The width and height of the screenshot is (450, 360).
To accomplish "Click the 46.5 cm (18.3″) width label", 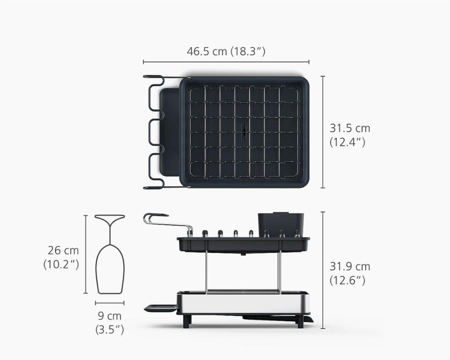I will pyautogui.click(x=226, y=51).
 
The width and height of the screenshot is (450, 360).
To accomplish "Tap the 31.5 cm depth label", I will pyautogui.click(x=350, y=128).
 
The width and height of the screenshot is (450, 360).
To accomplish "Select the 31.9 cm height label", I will pyautogui.click(x=350, y=267).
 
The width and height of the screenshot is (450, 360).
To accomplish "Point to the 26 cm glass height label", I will pyautogui.click(x=63, y=250).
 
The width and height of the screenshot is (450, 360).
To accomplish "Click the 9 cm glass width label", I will pyautogui.click(x=109, y=316).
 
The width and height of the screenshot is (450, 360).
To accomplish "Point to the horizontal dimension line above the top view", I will pyautogui.click(x=226, y=62).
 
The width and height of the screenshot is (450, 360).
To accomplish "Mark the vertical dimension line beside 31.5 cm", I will pyautogui.click(x=323, y=132).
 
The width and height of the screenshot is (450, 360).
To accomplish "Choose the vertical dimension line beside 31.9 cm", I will pyautogui.click(x=323, y=270).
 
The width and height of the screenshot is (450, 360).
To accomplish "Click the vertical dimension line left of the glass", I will pyautogui.click(x=86, y=254).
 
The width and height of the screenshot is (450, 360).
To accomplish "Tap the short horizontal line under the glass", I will pyautogui.click(x=109, y=303).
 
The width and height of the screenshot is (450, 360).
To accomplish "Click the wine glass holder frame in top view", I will pyautogui.click(x=152, y=132).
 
